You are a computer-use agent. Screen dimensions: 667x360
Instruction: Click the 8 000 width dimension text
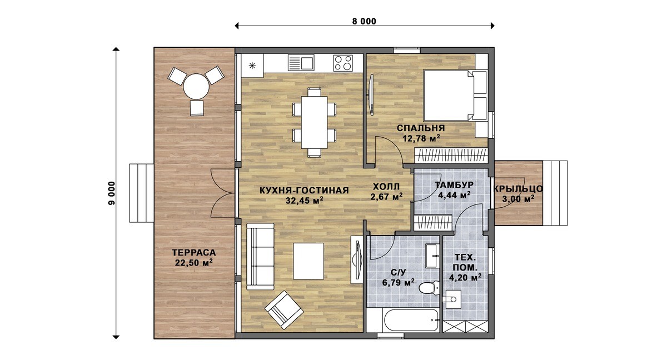click(x=364, y=22)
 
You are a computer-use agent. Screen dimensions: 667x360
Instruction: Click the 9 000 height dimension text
click(x=112, y=193)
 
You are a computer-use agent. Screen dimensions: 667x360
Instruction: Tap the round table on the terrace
click(x=196, y=86)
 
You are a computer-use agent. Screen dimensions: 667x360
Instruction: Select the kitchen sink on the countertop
click(x=301, y=63)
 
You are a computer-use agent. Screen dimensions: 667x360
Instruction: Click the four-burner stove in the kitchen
click(x=343, y=63)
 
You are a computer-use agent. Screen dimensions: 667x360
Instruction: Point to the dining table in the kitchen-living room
click(x=314, y=122)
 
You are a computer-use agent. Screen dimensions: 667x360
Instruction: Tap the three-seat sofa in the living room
click(x=260, y=257)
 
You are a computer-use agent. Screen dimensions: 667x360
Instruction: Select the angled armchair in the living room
click(x=284, y=309)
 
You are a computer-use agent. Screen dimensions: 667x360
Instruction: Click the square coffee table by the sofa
click(x=308, y=261)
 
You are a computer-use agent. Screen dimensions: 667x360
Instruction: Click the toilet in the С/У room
click(x=430, y=288)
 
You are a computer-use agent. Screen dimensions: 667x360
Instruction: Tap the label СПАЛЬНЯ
click(x=421, y=128)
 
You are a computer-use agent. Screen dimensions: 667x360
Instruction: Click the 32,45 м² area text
click(x=305, y=201)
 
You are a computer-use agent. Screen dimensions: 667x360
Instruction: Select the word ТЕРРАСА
click(x=194, y=253)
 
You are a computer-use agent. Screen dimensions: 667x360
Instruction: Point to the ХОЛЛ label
click(x=386, y=187)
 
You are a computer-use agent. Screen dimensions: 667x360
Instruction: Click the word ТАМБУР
click(x=454, y=185)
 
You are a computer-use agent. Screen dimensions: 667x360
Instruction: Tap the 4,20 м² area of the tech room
click(x=465, y=278)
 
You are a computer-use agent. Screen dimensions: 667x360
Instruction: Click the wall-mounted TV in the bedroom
click(x=371, y=94)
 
